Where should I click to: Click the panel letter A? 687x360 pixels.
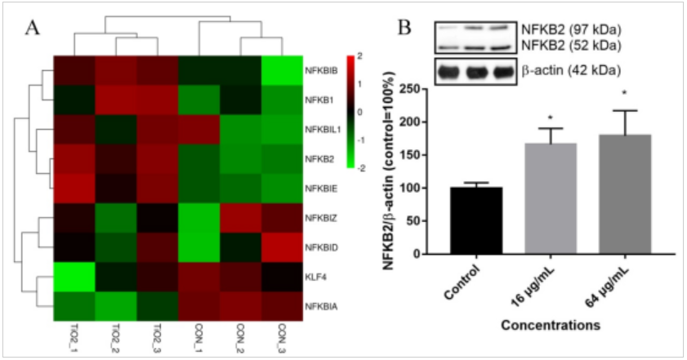pos(33,27)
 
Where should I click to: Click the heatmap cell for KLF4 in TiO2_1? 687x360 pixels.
pos(75,277)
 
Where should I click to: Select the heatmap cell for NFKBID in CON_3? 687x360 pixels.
pos(282,247)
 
